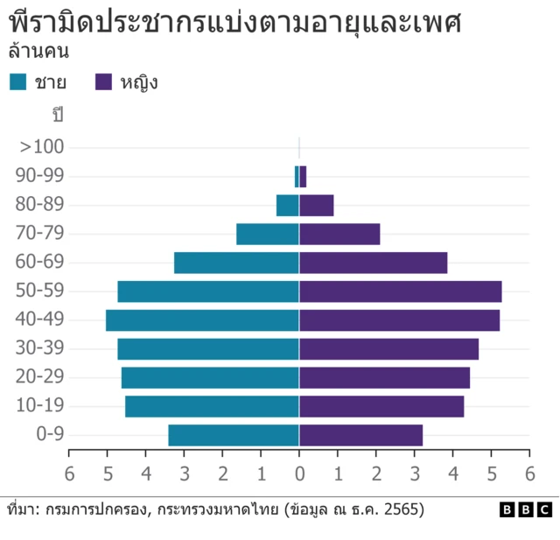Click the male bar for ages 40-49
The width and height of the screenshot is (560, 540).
pyautogui.click(x=202, y=319)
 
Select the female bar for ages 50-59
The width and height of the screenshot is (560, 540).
pyautogui.click(x=401, y=291)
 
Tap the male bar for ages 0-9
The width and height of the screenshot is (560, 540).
pyautogui.click(x=234, y=435)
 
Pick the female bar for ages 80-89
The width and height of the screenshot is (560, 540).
pyautogui.click(x=317, y=205)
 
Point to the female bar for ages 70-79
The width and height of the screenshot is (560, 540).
pyautogui.click(x=339, y=234)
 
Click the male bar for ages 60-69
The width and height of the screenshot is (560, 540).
pyautogui.click(x=236, y=263)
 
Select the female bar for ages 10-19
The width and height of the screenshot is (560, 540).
pyautogui.click(x=381, y=406)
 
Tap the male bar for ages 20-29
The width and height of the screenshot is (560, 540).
pyautogui.click(x=210, y=377)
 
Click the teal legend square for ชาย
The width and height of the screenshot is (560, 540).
pyautogui.click(x=18, y=82)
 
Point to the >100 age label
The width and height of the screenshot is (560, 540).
pyautogui.click(x=43, y=147)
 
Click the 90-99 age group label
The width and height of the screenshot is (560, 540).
pyautogui.click(x=39, y=176)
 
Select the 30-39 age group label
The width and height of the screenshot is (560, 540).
pyautogui.click(x=39, y=348)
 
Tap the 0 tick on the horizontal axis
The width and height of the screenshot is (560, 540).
pyautogui.click(x=299, y=473)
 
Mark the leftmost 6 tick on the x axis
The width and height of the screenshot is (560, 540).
pyautogui.click(x=69, y=473)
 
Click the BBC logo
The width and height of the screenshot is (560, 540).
pyautogui.click(x=525, y=509)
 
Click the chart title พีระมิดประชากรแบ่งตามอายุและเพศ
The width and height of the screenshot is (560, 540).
pyautogui.click(x=234, y=22)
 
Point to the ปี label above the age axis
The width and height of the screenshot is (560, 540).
pyautogui.click(x=59, y=115)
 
